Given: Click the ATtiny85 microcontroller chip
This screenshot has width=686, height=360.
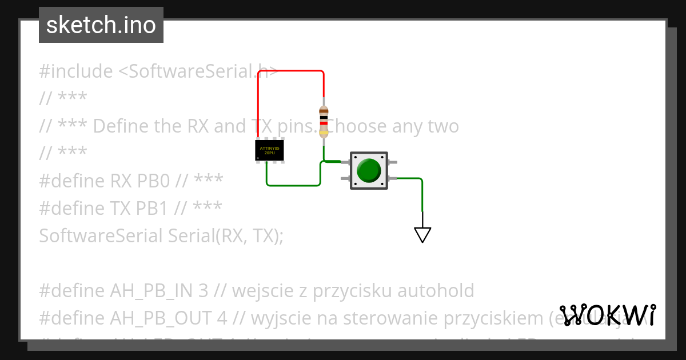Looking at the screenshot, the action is pos(269,150).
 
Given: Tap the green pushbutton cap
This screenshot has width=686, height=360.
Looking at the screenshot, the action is pos(369,170).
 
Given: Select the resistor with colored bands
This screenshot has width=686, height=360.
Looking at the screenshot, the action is pos(324,122).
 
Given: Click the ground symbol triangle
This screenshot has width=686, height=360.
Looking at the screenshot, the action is pos(422,234).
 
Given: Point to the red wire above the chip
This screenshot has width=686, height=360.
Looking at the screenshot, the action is pos(290,71).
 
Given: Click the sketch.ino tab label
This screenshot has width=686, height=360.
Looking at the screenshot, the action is pos(101,25).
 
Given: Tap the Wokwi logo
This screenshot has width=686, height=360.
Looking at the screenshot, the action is pos(608,315).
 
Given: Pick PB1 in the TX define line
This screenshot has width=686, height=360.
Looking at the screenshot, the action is pos(153,208).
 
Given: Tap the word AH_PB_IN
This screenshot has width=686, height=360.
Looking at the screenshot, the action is pos(154,290).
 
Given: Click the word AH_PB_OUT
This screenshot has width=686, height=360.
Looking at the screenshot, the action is pos(161,318).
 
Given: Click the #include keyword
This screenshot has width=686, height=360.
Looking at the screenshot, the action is pos(76,71).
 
